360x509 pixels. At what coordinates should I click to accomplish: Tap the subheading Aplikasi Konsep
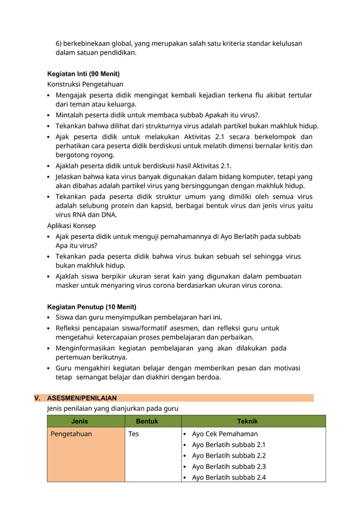[73, 225]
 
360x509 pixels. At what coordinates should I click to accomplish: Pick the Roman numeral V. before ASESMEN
[38, 398]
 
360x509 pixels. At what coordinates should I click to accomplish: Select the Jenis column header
[80, 421]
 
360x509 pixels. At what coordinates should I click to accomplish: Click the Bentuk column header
[147, 421]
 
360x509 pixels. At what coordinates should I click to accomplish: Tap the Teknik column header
[247, 421]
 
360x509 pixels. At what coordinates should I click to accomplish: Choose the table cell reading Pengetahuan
[71, 434]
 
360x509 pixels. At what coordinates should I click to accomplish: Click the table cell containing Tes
[134, 434]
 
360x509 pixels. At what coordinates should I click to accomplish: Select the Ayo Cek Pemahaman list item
[225, 434]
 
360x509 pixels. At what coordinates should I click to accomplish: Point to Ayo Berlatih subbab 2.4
[229, 477]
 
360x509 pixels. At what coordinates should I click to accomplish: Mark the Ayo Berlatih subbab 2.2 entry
[229, 455]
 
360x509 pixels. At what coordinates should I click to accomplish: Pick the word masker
[67, 286]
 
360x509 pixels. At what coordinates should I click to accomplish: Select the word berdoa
[208, 378]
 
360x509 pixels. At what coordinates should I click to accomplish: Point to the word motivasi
[287, 367]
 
